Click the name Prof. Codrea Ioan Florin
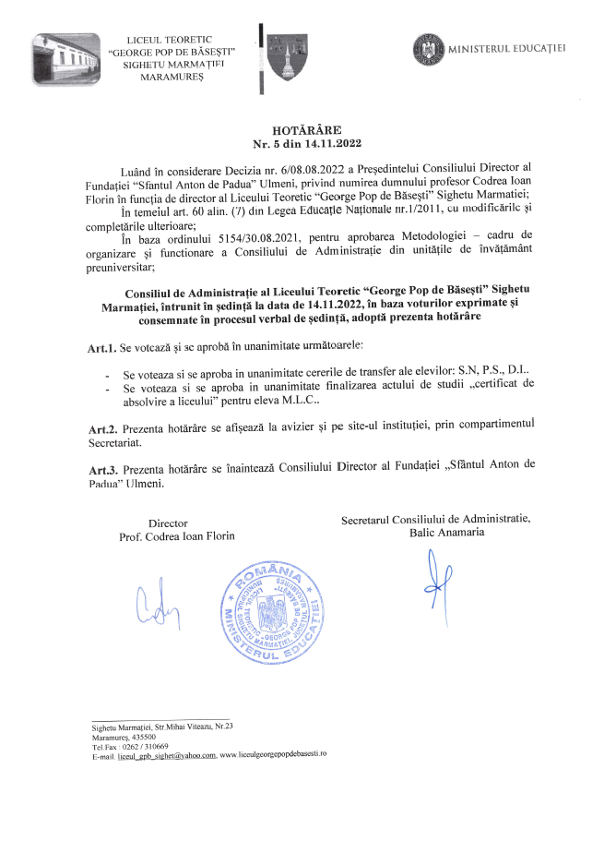[x=177, y=536]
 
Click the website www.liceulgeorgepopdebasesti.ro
[x=274, y=755]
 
